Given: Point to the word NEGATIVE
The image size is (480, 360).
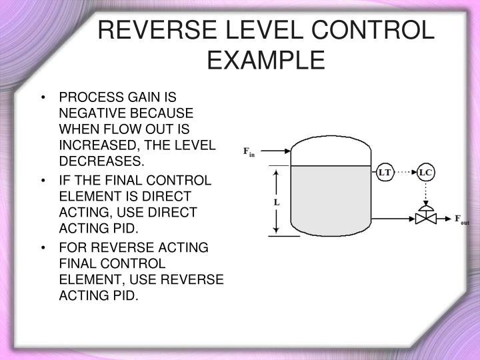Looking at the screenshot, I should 87,115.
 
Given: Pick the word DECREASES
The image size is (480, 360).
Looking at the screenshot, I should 101,161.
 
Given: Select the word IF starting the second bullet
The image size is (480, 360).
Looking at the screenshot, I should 65,181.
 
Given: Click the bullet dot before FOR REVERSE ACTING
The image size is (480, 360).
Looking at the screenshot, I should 43,249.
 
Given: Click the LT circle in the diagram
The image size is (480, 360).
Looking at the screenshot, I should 385,173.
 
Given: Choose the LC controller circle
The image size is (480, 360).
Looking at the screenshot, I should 425,173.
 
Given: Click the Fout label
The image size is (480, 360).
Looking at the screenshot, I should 461,219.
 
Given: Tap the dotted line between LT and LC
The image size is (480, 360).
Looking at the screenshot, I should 405,173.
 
